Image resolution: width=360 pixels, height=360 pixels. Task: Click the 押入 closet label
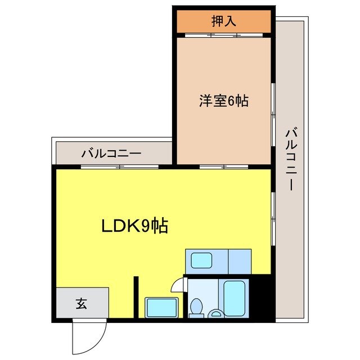point(223,21)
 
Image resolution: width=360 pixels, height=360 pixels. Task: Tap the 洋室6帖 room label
point(223,101)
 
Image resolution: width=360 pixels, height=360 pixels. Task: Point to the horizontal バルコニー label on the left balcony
point(111,152)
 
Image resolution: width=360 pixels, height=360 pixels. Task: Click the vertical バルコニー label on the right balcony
point(291,159)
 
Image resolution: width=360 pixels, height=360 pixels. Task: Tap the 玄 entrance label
point(82,304)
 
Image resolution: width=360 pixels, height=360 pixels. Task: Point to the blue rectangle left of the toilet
point(161,308)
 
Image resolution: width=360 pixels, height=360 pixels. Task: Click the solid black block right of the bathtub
point(262,298)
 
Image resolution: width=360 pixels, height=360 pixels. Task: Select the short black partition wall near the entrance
point(136,298)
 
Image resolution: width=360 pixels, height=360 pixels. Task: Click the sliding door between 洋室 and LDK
point(224,166)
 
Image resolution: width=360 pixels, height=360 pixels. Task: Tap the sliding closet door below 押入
point(224,35)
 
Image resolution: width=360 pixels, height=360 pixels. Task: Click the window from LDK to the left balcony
point(119,166)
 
